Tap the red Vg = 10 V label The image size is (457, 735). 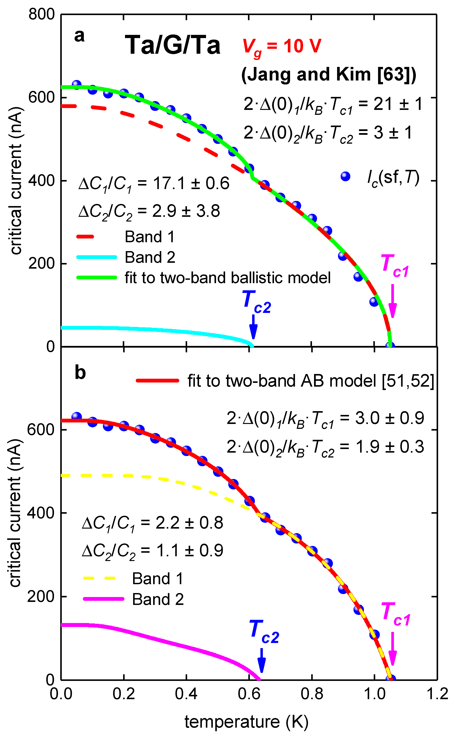[282, 47]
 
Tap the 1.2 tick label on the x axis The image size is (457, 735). [437, 694]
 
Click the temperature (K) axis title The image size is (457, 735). [246, 722]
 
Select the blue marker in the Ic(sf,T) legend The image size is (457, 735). [345, 176]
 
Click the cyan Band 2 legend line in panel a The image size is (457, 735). [97, 257]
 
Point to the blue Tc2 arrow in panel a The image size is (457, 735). [253, 327]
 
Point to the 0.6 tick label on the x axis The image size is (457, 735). [249, 694]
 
